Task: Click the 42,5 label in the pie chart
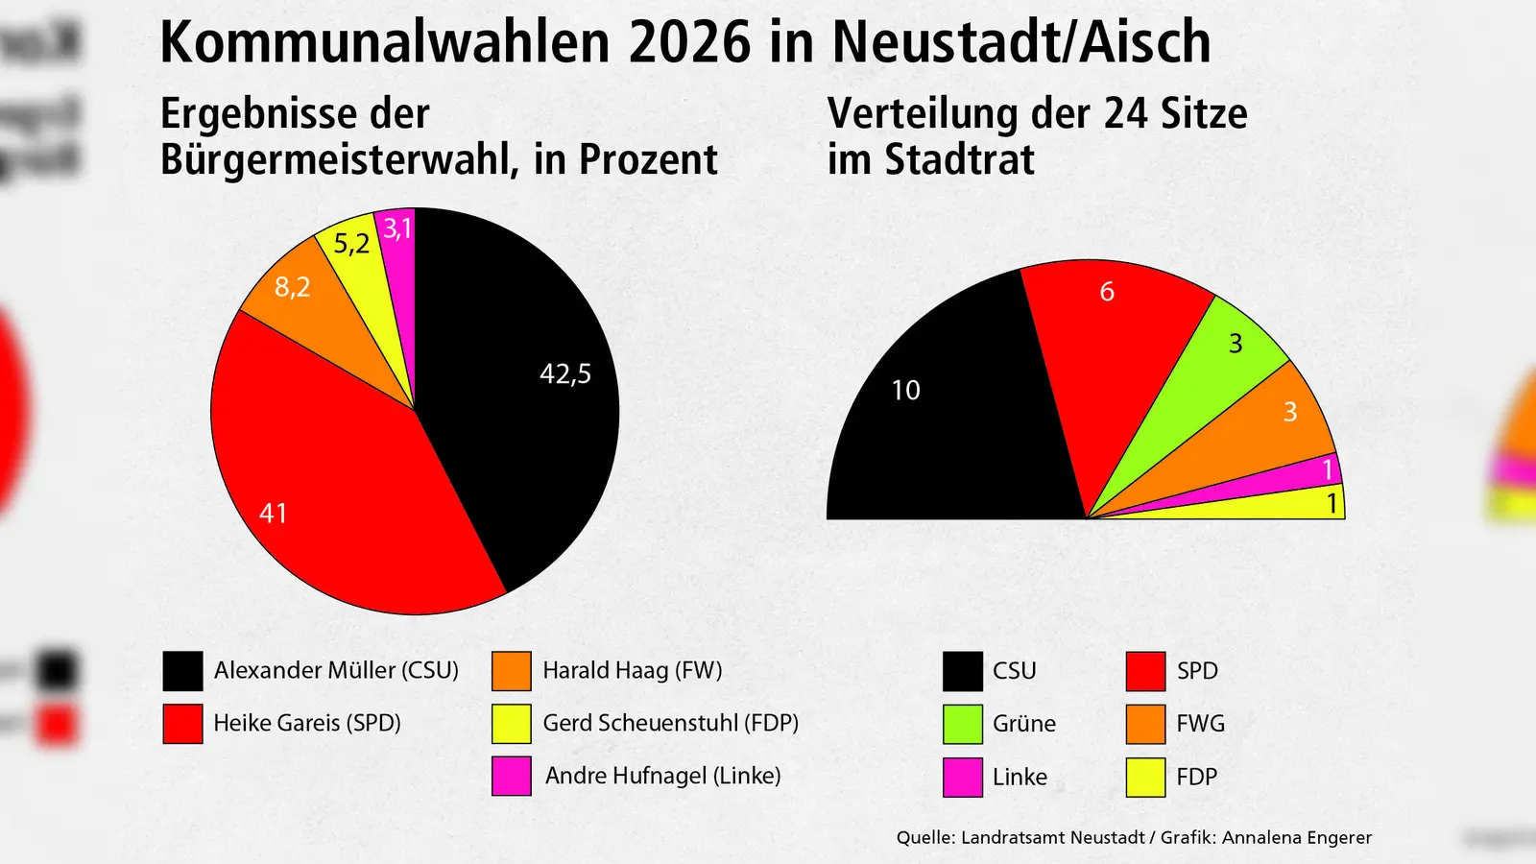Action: pyautogui.click(x=565, y=373)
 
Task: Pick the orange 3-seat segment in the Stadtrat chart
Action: pyautogui.click(x=1267, y=422)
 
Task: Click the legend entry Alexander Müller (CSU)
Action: pyautogui.click(x=336, y=670)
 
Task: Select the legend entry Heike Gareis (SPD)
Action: pyautogui.click(x=307, y=723)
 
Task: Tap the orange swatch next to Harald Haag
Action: pyautogui.click(x=511, y=671)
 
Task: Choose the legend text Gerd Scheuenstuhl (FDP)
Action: pyautogui.click(x=670, y=723)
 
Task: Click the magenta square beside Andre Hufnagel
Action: pyautogui.click(x=511, y=776)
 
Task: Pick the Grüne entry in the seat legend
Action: pyautogui.click(x=1023, y=724)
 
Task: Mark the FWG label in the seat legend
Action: pyautogui.click(x=1200, y=724)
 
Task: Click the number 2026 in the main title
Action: pyautogui.click(x=690, y=43)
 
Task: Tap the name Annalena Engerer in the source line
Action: pyautogui.click(x=1297, y=837)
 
